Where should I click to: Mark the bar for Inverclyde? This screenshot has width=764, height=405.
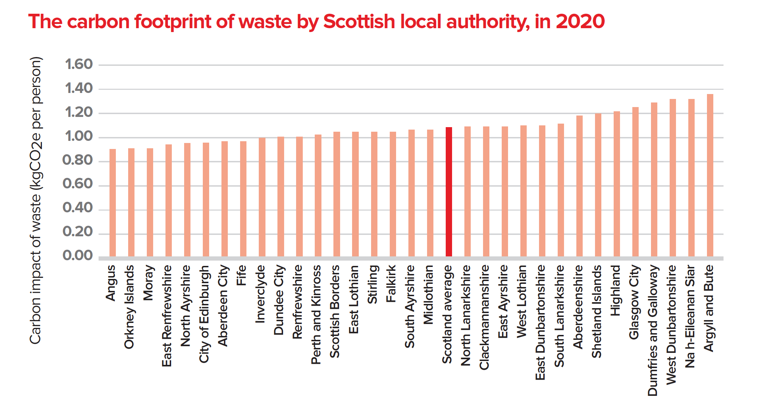click(262, 197)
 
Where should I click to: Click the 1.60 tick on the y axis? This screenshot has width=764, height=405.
click(79, 64)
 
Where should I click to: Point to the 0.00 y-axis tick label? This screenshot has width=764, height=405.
click(78, 255)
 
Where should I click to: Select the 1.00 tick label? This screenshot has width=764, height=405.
click(79, 136)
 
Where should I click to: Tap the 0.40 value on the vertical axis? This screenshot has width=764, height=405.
click(78, 208)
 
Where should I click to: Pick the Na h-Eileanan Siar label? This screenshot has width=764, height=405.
click(690, 316)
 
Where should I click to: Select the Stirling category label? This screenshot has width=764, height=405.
click(372, 284)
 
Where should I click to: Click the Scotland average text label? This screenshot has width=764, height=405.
click(447, 314)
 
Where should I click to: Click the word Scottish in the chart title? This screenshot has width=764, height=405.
click(359, 22)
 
